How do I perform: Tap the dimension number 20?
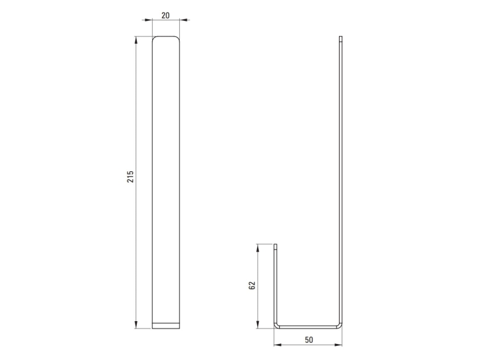[x=166, y=15]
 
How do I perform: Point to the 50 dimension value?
[x=308, y=340]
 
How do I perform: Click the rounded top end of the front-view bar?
[x=166, y=39]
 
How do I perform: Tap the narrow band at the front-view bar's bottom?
[x=166, y=325]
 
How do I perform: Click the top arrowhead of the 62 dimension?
[x=259, y=247]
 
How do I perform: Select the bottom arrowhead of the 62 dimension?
[x=259, y=326]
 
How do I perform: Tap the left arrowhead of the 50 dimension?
[x=277, y=345]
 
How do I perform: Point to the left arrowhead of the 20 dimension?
[x=155, y=20]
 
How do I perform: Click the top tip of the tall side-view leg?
[x=340, y=38]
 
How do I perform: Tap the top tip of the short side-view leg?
[x=275, y=245]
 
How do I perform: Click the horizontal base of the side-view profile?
[x=308, y=327]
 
